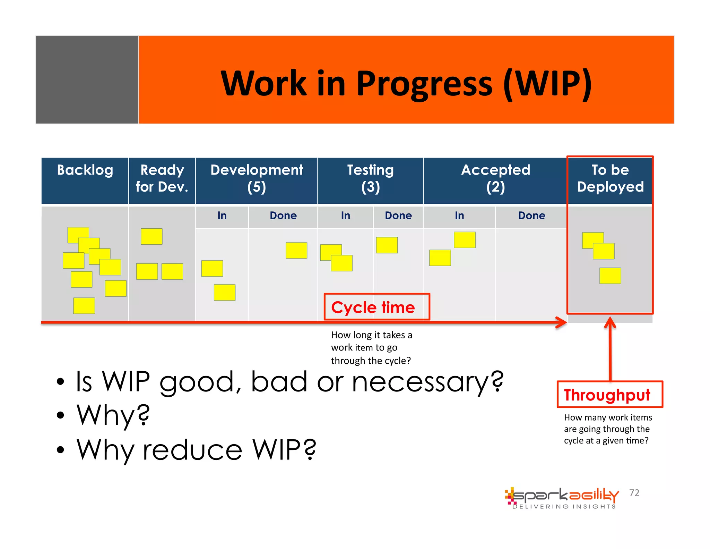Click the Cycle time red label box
point(377,307)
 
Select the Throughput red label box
point(609,395)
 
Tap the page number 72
point(634,493)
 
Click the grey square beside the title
point(87,80)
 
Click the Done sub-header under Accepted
point(531,216)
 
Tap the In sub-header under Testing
point(345,216)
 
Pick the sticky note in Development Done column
point(296,250)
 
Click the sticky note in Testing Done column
point(387,245)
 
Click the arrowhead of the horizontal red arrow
point(562,322)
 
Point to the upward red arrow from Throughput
point(610,350)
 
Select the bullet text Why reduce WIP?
point(196,449)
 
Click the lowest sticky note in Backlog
point(84,305)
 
